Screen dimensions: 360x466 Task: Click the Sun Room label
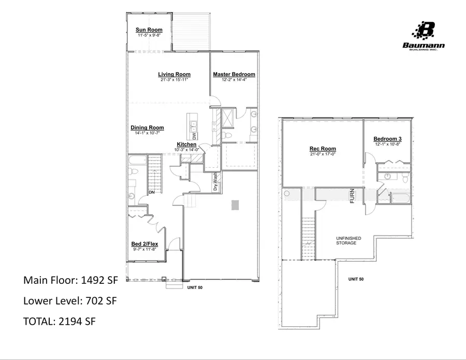coord(149,30)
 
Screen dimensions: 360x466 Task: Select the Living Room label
coord(174,75)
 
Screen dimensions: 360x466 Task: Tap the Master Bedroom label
coord(234,75)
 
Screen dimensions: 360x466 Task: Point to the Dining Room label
coord(147,128)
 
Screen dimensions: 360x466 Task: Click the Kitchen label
coord(186,145)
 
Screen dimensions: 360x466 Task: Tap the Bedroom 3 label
coord(387,139)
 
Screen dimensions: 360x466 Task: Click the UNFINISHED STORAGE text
coord(348,240)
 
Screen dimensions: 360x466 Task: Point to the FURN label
coord(352,197)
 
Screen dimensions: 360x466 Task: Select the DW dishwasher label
coord(195,136)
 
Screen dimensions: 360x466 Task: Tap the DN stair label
coord(152,193)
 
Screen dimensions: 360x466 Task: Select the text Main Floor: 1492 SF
coord(71,280)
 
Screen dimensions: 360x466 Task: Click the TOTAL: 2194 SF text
coord(60,321)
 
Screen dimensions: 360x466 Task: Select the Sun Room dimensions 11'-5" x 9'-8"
coord(149,36)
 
